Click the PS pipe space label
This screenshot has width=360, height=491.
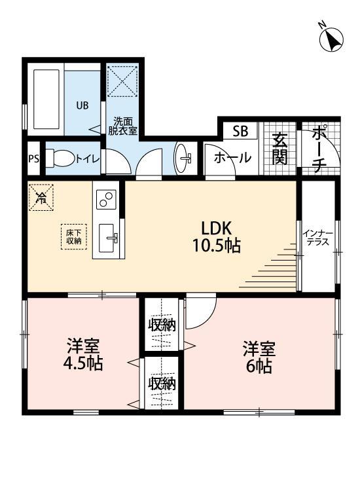click(33, 159)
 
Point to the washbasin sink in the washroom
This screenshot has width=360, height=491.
click(184, 157)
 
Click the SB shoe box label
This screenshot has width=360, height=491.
click(240, 132)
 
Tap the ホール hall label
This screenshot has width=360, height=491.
click(231, 158)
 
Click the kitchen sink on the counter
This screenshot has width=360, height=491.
click(109, 236)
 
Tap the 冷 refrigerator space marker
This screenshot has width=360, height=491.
click(41, 197)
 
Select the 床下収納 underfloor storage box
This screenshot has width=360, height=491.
click(73, 236)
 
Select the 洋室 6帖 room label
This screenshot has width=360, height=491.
click(259, 356)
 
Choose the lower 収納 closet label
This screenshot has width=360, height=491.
click(162, 384)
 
